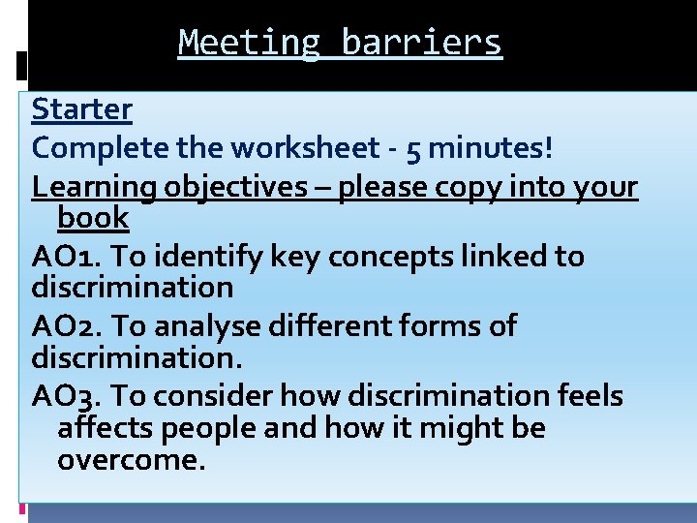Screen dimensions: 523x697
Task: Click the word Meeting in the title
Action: coord(249,44)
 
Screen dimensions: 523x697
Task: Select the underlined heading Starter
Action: coord(81,109)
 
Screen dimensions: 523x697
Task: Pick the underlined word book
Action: coord(93,218)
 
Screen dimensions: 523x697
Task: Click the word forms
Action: coord(441,326)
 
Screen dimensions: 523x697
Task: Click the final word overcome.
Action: coord(132,460)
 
